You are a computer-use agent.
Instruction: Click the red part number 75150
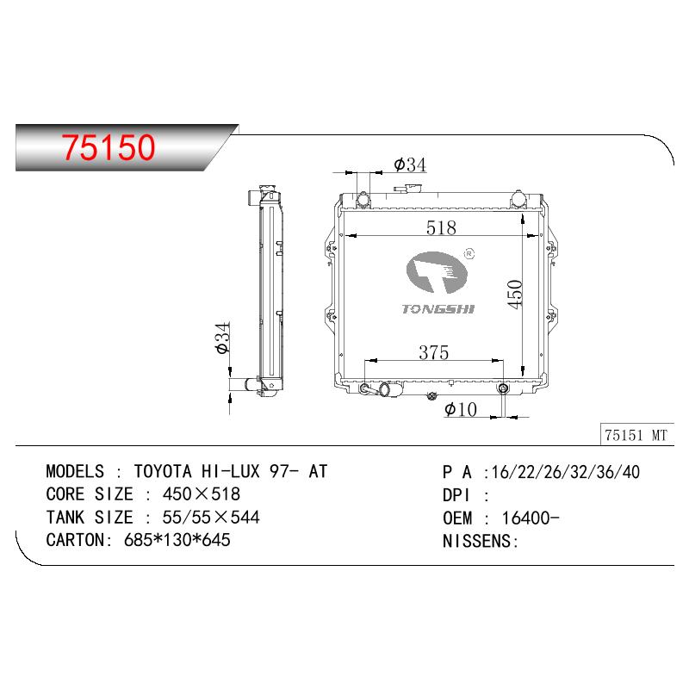point(109,147)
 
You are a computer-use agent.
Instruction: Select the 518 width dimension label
point(441,227)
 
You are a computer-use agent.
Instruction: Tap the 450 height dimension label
point(514,294)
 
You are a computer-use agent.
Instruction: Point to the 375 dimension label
point(434,352)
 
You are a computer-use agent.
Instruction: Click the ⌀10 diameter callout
point(461,410)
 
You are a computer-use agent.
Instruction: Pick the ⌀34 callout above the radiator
point(410,164)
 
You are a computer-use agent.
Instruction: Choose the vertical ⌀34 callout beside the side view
point(223,338)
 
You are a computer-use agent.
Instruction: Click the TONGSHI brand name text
point(438,309)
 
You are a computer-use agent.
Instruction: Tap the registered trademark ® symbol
point(469,253)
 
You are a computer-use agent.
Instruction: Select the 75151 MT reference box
point(636,435)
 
